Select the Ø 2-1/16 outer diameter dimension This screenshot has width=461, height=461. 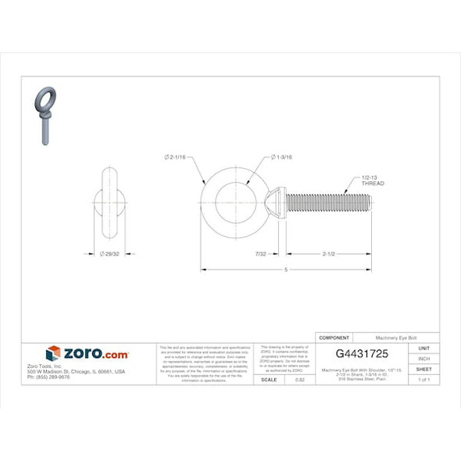175,158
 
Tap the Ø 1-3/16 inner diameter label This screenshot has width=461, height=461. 282,158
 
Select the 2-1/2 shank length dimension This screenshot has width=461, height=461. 329,254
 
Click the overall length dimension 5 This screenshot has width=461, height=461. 286,270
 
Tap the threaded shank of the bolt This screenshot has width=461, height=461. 328,203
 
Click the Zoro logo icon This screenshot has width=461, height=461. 53,354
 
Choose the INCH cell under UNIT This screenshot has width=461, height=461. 423,359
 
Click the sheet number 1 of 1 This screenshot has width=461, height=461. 423,380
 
